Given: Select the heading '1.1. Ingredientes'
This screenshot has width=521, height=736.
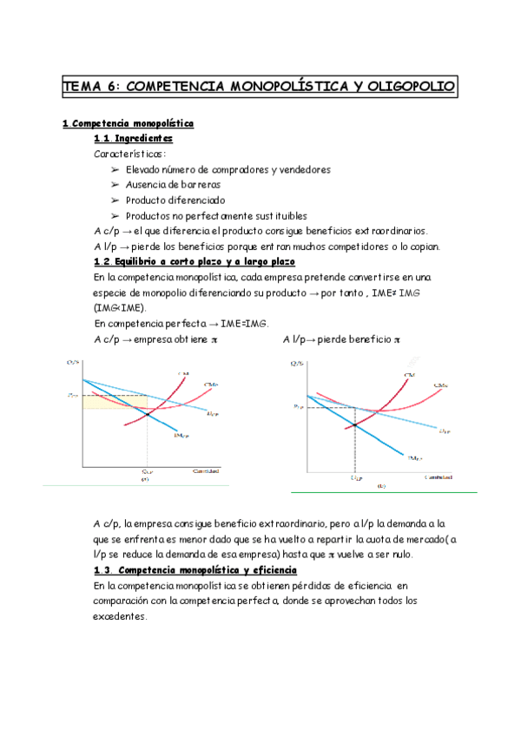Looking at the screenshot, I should (133, 138).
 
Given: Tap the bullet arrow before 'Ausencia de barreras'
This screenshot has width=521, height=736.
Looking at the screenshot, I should (115, 184).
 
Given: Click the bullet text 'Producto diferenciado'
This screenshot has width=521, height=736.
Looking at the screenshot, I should (175, 200).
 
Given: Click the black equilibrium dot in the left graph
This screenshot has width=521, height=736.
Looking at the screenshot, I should (147, 415).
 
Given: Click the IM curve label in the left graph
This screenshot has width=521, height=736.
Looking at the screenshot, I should (183, 437).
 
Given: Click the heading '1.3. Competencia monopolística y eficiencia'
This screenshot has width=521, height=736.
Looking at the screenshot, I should (195, 570).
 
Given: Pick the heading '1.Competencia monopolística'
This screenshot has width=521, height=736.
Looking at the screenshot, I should (129, 123).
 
